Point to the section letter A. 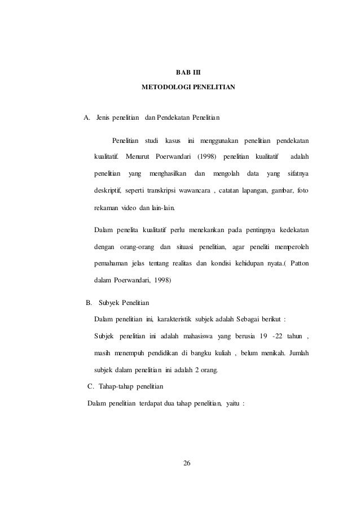[x=86, y=118]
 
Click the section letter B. [x=89, y=303]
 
